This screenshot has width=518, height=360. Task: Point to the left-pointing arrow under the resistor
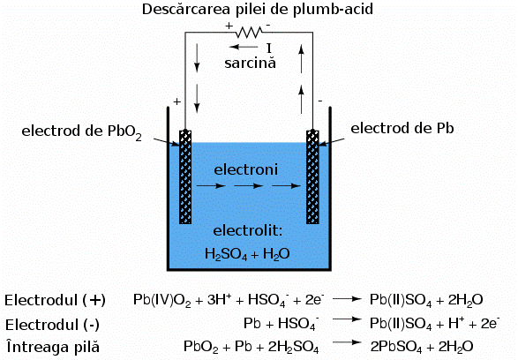[x=239, y=48]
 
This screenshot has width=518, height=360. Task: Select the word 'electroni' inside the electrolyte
[x=246, y=168]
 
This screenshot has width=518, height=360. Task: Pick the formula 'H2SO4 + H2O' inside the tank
[x=247, y=254]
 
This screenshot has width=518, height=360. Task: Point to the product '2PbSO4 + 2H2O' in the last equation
[x=423, y=346]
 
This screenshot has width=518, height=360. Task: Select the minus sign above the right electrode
[x=320, y=100]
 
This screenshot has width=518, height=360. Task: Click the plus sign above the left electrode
[x=176, y=102]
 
